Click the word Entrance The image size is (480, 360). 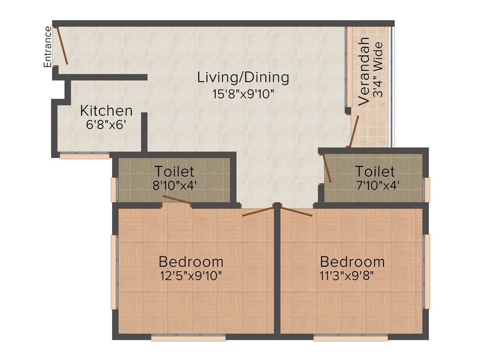(47, 47)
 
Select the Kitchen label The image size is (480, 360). (106, 111)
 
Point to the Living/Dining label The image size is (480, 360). (243, 77)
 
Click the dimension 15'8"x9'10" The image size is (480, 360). (243, 94)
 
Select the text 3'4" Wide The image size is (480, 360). (378, 70)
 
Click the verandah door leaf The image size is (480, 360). (354, 131)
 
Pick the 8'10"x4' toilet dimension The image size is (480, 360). (174, 185)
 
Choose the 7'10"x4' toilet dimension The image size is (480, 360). (377, 185)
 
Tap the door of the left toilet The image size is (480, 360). (177, 200)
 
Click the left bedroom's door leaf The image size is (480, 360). (257, 211)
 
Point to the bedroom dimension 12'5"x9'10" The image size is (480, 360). (190, 275)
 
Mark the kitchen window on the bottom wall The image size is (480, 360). (84, 156)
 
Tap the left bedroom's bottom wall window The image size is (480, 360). (188, 337)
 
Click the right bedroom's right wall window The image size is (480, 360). (427, 271)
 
